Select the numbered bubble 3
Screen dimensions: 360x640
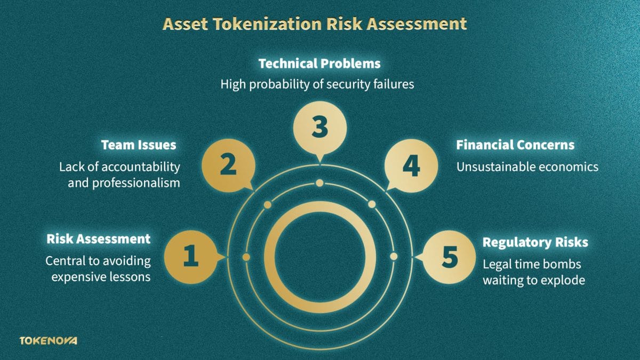(319, 128)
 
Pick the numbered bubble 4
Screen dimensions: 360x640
(411, 165)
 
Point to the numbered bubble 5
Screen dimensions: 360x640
(450, 257)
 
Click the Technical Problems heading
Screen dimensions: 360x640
(319, 63)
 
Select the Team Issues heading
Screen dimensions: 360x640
(139, 145)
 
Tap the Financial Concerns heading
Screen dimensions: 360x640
(515, 145)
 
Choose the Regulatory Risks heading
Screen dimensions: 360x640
(535, 242)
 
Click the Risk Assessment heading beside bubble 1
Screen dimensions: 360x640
(99, 238)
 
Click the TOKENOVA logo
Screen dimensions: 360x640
(48, 340)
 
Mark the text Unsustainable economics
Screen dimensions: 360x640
(527, 167)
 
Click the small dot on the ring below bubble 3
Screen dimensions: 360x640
(319, 183)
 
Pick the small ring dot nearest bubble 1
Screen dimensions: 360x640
(246, 257)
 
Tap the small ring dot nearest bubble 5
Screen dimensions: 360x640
(394, 257)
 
